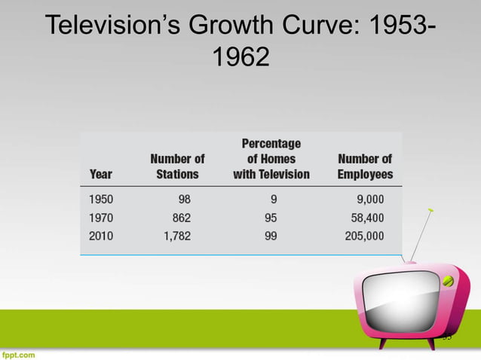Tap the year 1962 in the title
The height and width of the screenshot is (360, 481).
240,57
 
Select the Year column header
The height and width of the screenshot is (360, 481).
101,174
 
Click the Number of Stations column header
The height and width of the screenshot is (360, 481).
177,166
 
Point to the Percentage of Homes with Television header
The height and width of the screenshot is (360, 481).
271,159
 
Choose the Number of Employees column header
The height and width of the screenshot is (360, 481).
365,166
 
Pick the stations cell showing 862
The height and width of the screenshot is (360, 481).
179,218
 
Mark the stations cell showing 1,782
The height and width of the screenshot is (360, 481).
175,236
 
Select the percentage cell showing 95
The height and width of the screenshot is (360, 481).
271,218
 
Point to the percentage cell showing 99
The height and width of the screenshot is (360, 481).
271,236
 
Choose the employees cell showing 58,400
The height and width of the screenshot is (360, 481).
366,218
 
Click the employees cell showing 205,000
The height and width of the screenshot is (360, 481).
363,236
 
